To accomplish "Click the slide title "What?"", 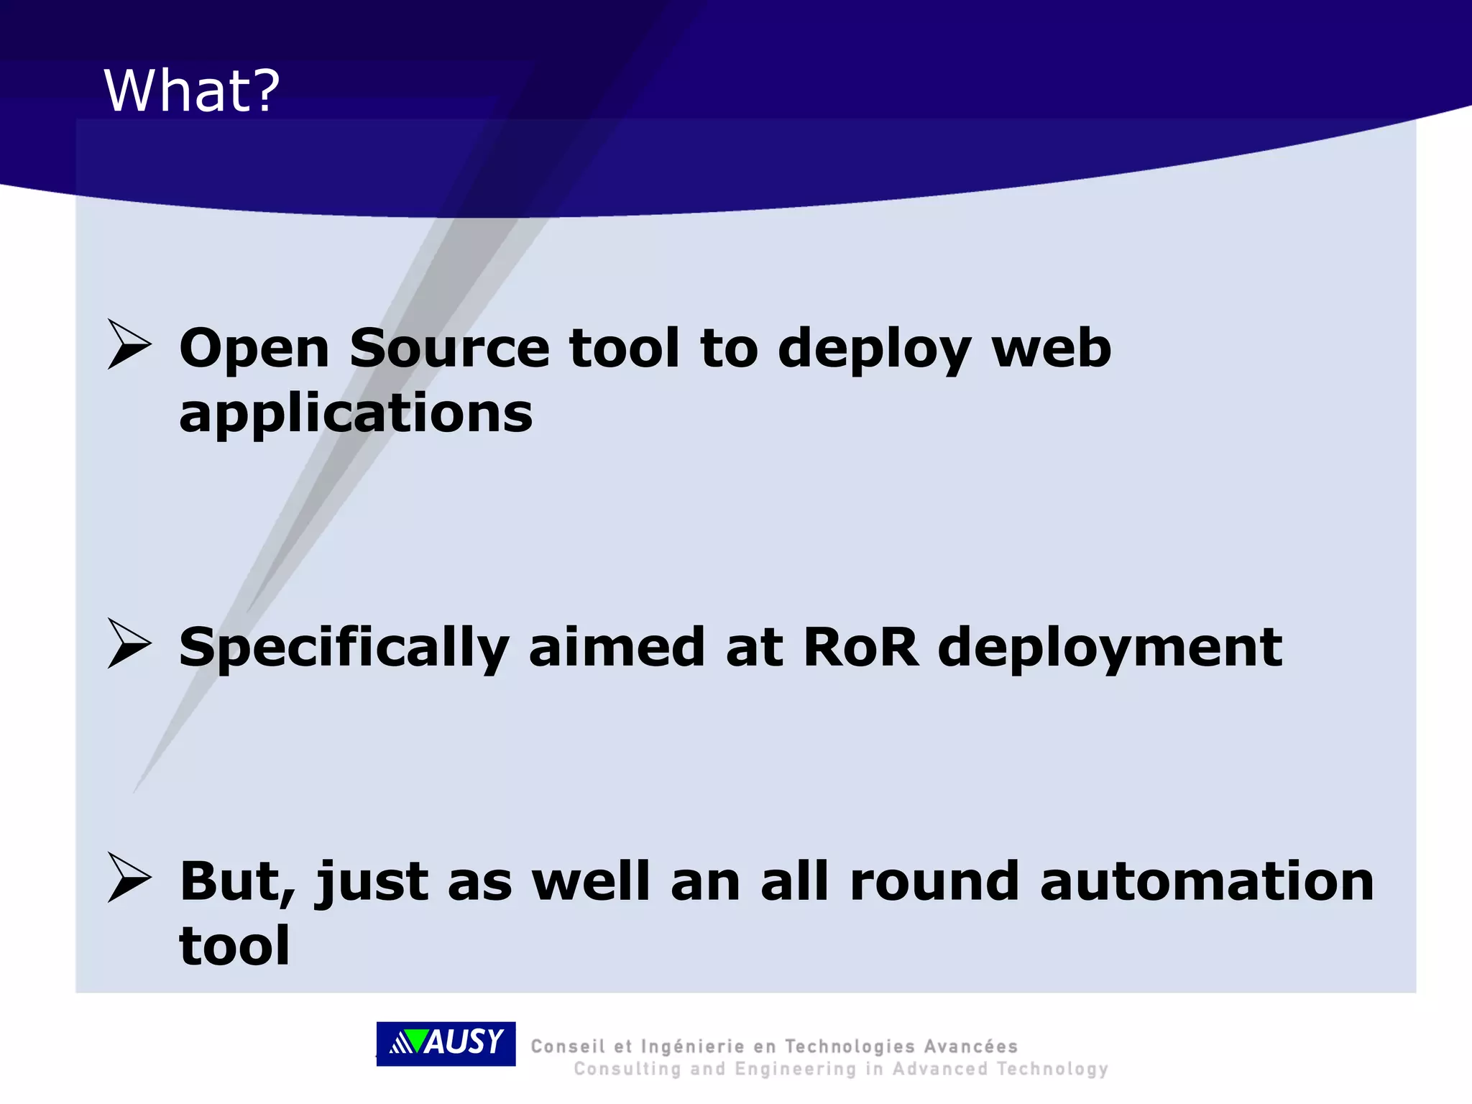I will (192, 91).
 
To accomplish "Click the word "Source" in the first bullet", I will (449, 349).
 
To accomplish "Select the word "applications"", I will (356, 415).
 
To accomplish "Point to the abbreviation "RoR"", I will (860, 647).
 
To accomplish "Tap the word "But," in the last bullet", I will (237, 883).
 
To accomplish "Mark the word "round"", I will (934, 881).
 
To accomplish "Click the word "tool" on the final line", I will (234, 946).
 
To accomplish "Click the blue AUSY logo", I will (446, 1043).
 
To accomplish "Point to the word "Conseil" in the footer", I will (567, 1046).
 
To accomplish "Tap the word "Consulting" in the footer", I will (627, 1069).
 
